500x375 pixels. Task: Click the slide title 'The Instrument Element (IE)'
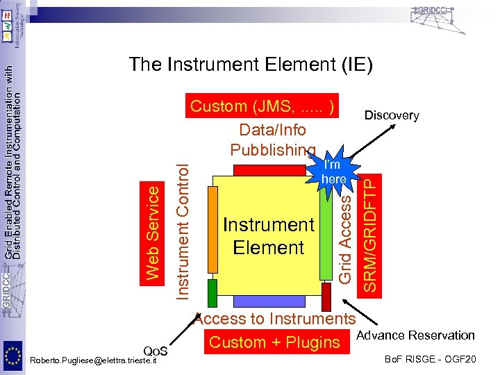pos(251,65)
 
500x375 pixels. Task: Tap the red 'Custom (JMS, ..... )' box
pos(265,106)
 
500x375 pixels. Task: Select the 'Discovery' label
pos(392,115)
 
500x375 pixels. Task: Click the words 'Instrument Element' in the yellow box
pos(269,236)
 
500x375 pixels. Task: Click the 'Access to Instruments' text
pos(275,319)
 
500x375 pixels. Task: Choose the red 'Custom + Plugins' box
pos(274,342)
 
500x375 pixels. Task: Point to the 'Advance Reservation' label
pos(415,336)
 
